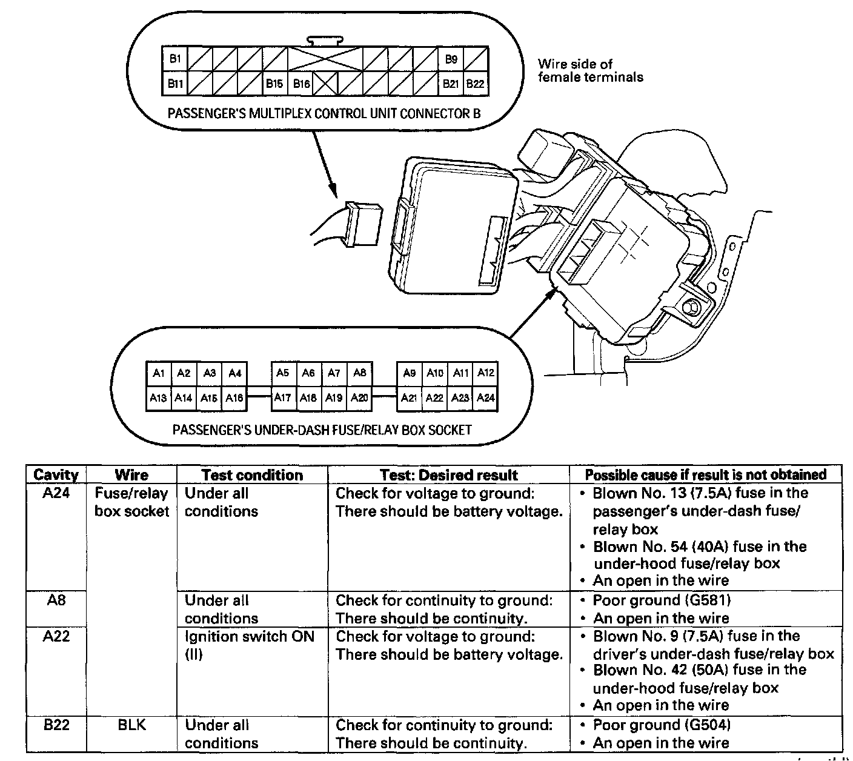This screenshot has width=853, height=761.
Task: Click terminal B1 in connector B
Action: click(x=175, y=59)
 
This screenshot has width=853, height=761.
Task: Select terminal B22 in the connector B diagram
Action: click(x=476, y=84)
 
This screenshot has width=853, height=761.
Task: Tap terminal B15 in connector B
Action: click(x=274, y=84)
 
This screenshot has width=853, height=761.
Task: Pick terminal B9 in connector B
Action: click(x=451, y=59)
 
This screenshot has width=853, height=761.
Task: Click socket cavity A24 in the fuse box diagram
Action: click(x=486, y=398)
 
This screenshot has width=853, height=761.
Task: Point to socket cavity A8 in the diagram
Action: click(x=359, y=373)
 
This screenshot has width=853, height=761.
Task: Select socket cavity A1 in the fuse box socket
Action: click(x=159, y=373)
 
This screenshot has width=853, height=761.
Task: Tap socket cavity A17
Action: click(x=283, y=398)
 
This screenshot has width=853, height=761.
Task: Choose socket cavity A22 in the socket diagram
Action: click(x=435, y=398)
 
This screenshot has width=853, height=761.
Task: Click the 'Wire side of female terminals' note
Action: click(x=590, y=70)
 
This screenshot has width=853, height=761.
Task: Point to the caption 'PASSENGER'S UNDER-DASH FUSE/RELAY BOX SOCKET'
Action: click(x=322, y=430)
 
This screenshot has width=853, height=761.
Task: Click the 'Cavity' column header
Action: click(x=56, y=474)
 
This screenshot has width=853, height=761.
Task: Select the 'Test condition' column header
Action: click(x=252, y=474)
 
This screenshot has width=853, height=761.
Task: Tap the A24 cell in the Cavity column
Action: click(x=56, y=493)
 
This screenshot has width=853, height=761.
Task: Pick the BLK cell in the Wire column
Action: click(x=131, y=725)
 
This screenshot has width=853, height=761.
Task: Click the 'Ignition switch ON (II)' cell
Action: click(x=249, y=645)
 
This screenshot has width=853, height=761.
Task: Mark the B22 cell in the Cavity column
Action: click(x=56, y=725)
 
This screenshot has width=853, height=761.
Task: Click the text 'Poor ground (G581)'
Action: click(x=662, y=600)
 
